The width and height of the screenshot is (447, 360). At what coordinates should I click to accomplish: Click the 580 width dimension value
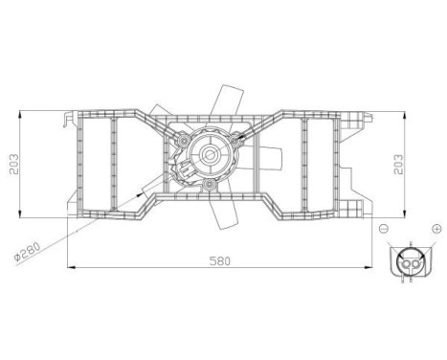pos(221,259)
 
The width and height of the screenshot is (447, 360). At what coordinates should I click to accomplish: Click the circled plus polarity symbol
pos(436,230)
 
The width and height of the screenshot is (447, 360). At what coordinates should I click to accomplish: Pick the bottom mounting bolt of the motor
pos(208,182)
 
